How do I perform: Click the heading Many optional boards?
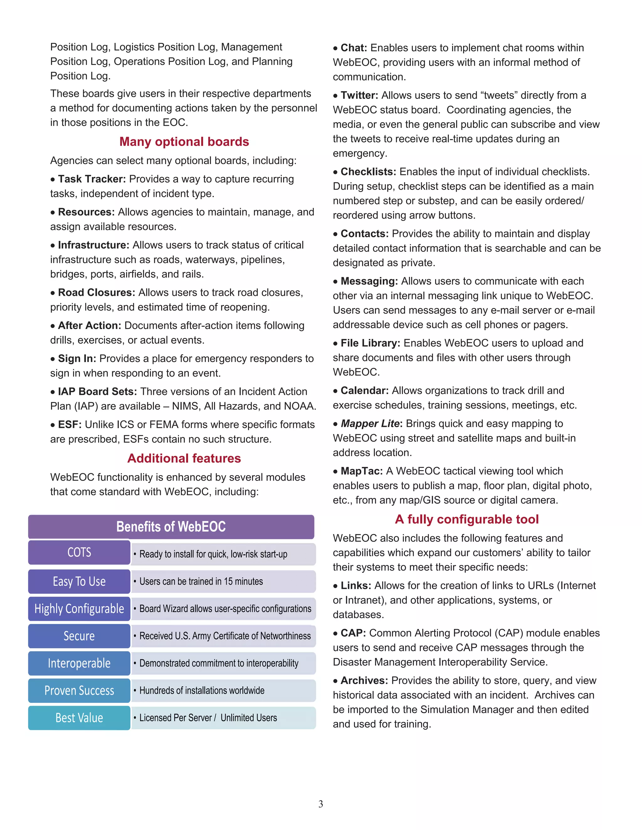[x=184, y=142]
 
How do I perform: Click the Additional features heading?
[x=184, y=458]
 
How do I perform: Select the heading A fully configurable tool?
[x=467, y=519]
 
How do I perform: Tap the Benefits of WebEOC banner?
[x=171, y=527]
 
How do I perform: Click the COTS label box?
[x=79, y=552]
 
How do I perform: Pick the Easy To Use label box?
[x=79, y=581]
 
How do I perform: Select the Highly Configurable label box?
[x=79, y=609]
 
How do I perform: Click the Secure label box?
[x=79, y=636]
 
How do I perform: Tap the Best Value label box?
[x=79, y=718]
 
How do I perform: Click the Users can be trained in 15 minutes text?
[x=201, y=581]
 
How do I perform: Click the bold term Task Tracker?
[x=92, y=179]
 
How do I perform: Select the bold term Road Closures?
[x=97, y=293]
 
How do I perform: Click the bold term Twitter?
[x=359, y=96]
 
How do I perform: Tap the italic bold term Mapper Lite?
[x=370, y=424]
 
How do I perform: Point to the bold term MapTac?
[x=361, y=471]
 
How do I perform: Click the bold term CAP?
[x=353, y=633]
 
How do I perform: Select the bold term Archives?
[x=364, y=681]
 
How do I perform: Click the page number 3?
[x=321, y=804]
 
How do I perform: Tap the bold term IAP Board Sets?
[x=97, y=392]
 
